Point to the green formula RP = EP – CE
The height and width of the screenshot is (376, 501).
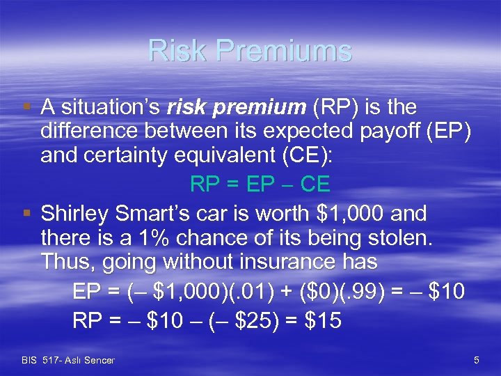[260, 185]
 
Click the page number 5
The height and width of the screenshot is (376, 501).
[476, 360]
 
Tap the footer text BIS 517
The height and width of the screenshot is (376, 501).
[42, 360]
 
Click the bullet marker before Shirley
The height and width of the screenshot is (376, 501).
[27, 213]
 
